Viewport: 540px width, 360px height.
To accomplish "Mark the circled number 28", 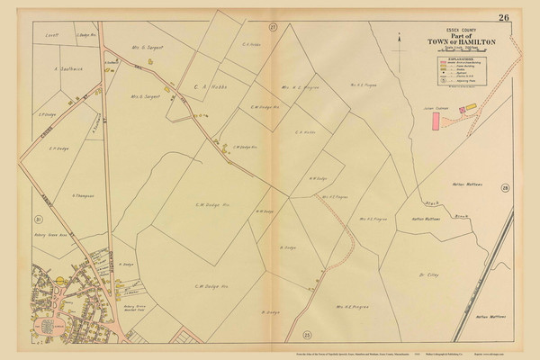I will click(505, 187).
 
